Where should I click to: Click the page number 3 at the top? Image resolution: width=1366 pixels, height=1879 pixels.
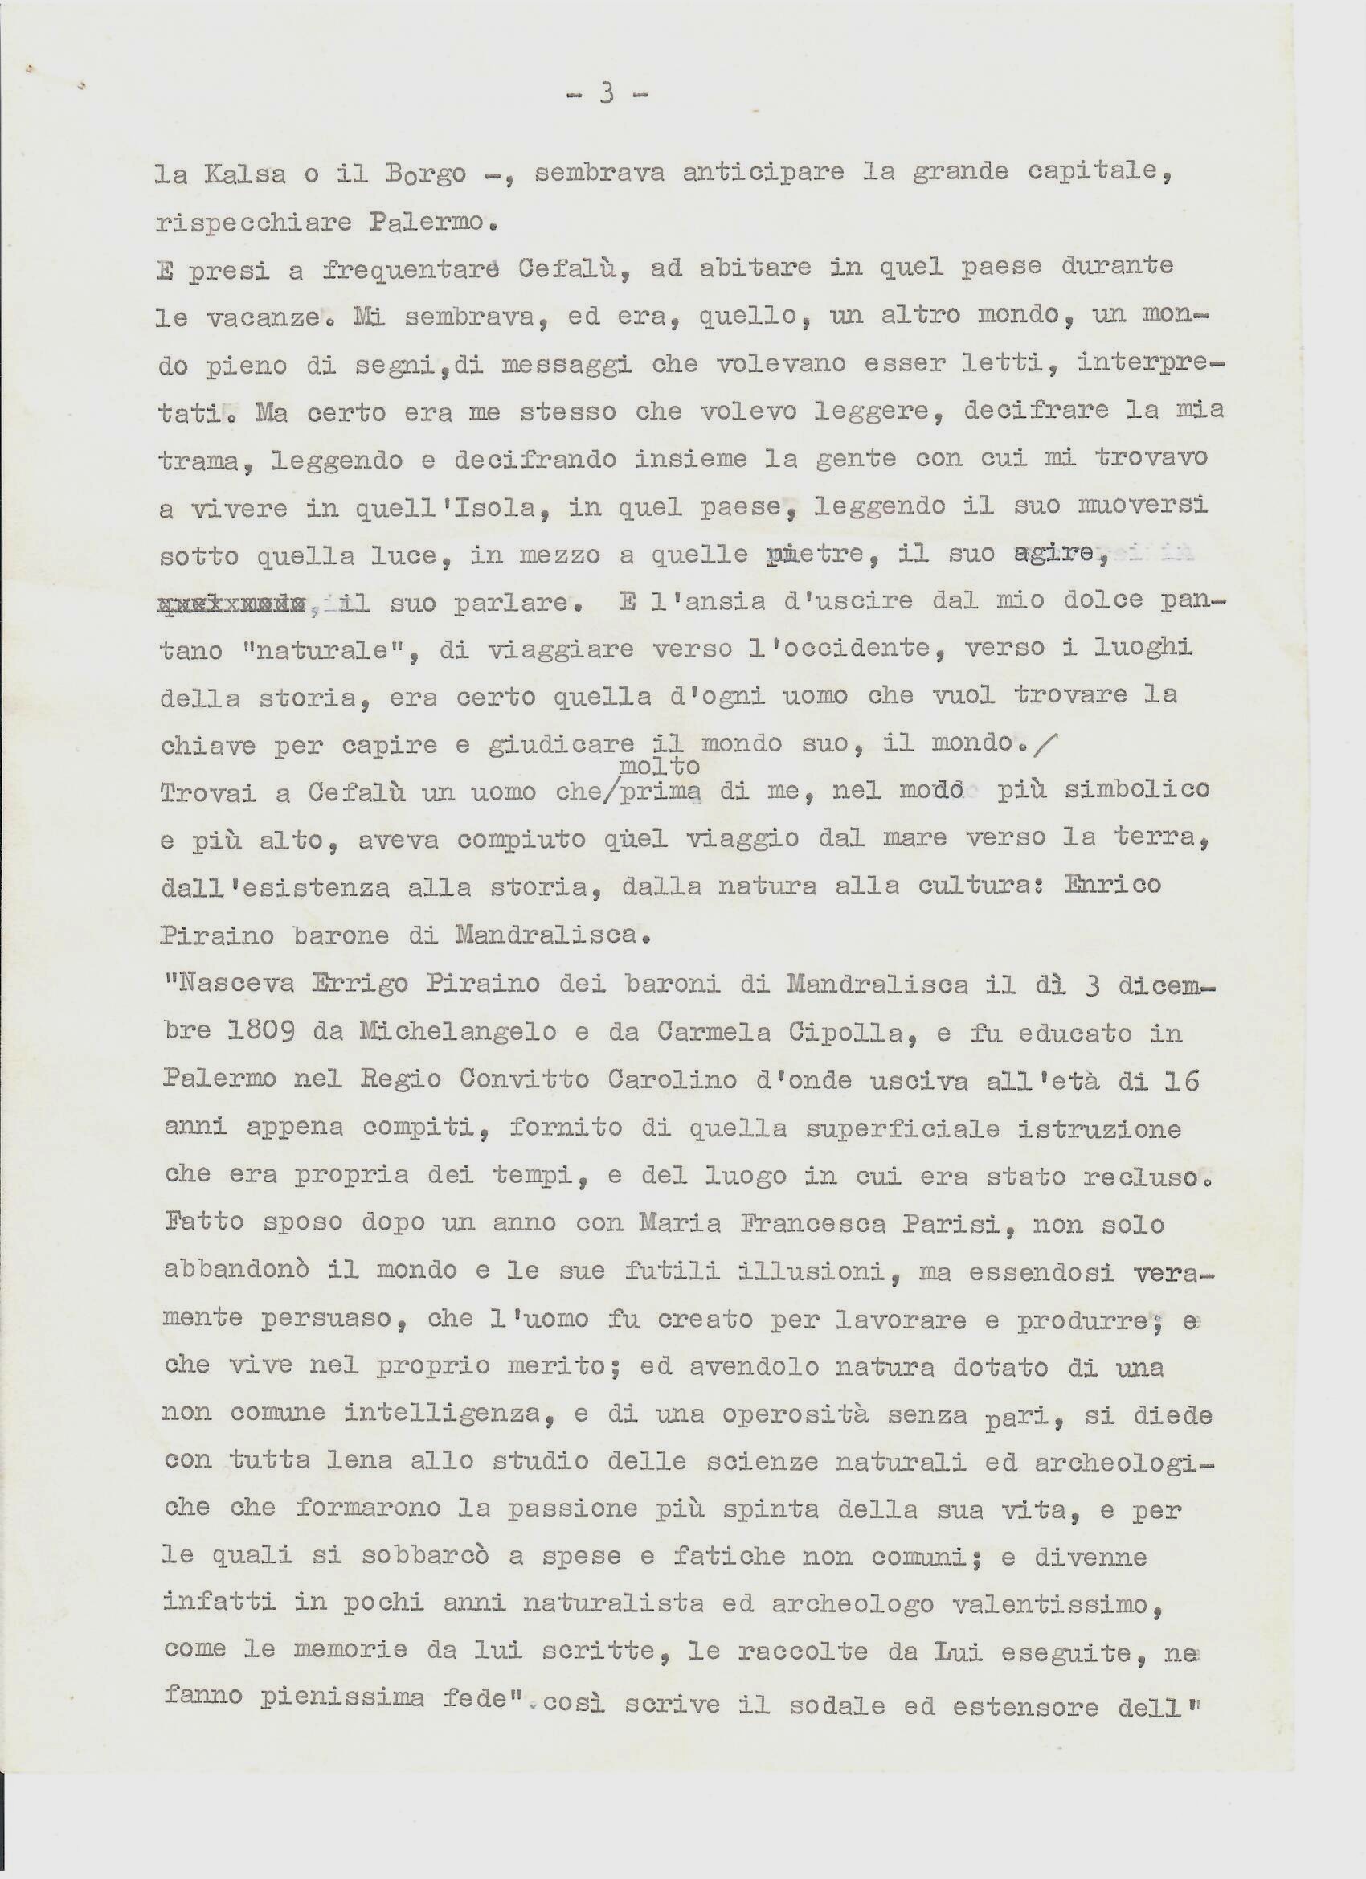point(607,95)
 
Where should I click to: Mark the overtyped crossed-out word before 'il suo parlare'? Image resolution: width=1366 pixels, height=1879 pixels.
point(231,603)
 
